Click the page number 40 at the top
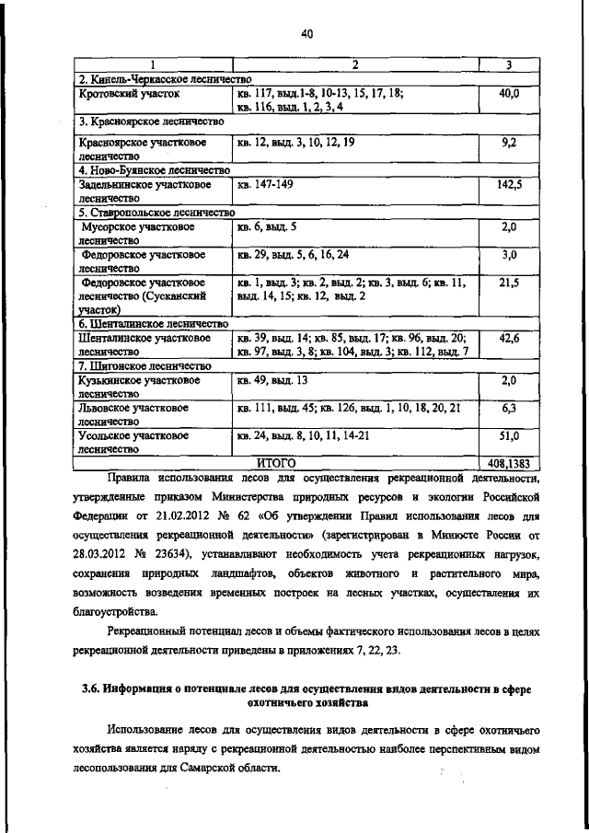[x=307, y=34]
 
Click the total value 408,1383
[x=509, y=464]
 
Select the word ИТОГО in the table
[x=275, y=464]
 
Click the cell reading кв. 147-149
[x=264, y=185]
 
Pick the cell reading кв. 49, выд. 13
[x=272, y=379]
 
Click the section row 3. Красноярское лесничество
[x=152, y=121]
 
